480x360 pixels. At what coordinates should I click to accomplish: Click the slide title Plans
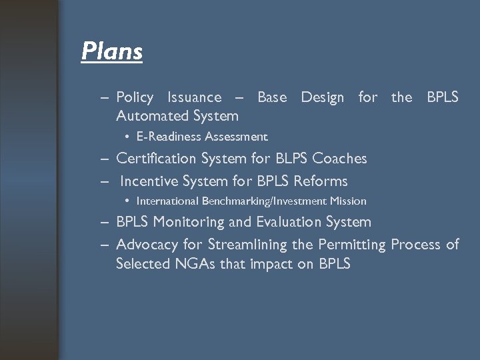tap(111, 51)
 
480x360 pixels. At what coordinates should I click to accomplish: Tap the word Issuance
tap(194, 97)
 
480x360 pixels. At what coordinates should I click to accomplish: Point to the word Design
tap(323, 97)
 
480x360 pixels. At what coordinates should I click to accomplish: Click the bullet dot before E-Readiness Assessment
tap(127, 137)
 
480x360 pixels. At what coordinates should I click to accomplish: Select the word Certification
tap(156, 159)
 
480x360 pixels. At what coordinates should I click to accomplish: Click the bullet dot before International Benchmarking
tap(127, 201)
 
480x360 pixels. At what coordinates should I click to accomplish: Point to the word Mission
tap(348, 201)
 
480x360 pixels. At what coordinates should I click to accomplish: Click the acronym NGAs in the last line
tap(195, 264)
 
